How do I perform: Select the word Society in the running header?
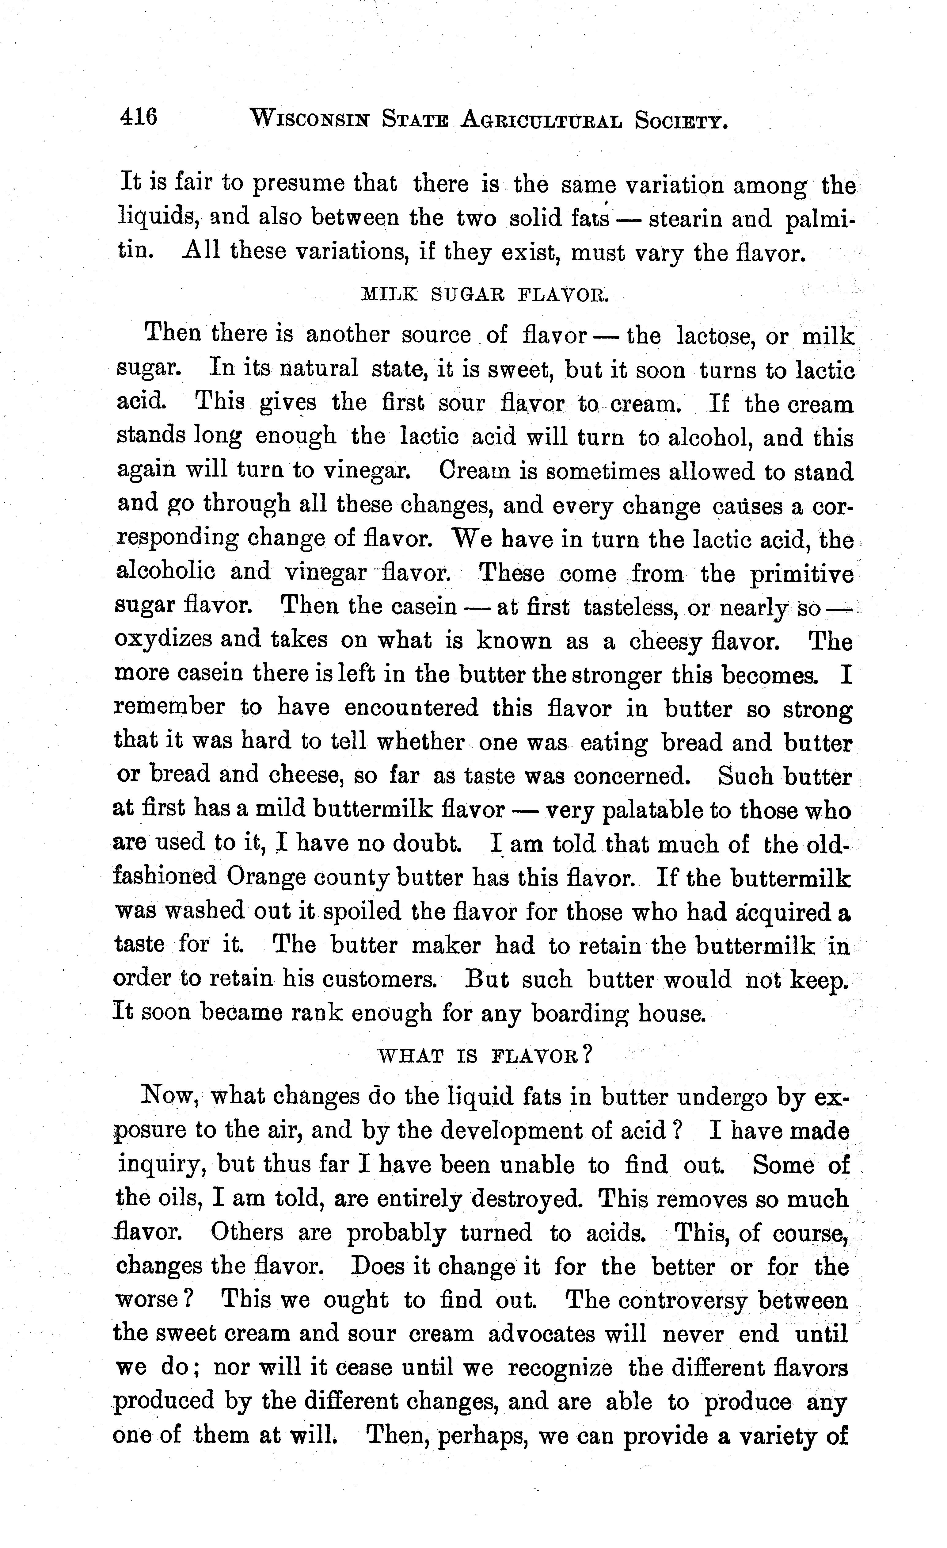[x=681, y=119]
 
